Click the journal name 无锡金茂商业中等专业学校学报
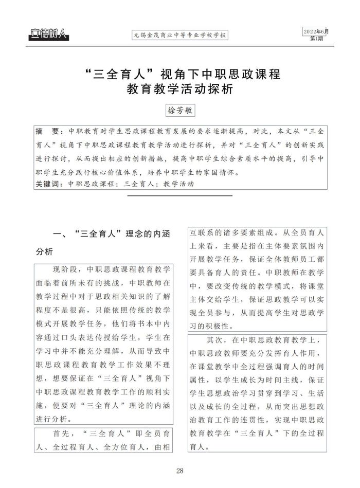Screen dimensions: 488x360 click(x=180, y=36)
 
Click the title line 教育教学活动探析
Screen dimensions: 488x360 click(x=180, y=89)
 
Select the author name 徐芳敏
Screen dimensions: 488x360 click(x=179, y=110)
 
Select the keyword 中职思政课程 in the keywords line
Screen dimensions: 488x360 click(x=91, y=184)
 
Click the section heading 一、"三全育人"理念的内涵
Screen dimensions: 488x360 click(x=112, y=234)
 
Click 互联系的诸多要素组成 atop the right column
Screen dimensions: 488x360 click(x=234, y=231)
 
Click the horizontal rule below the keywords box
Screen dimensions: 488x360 click(x=179, y=195)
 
